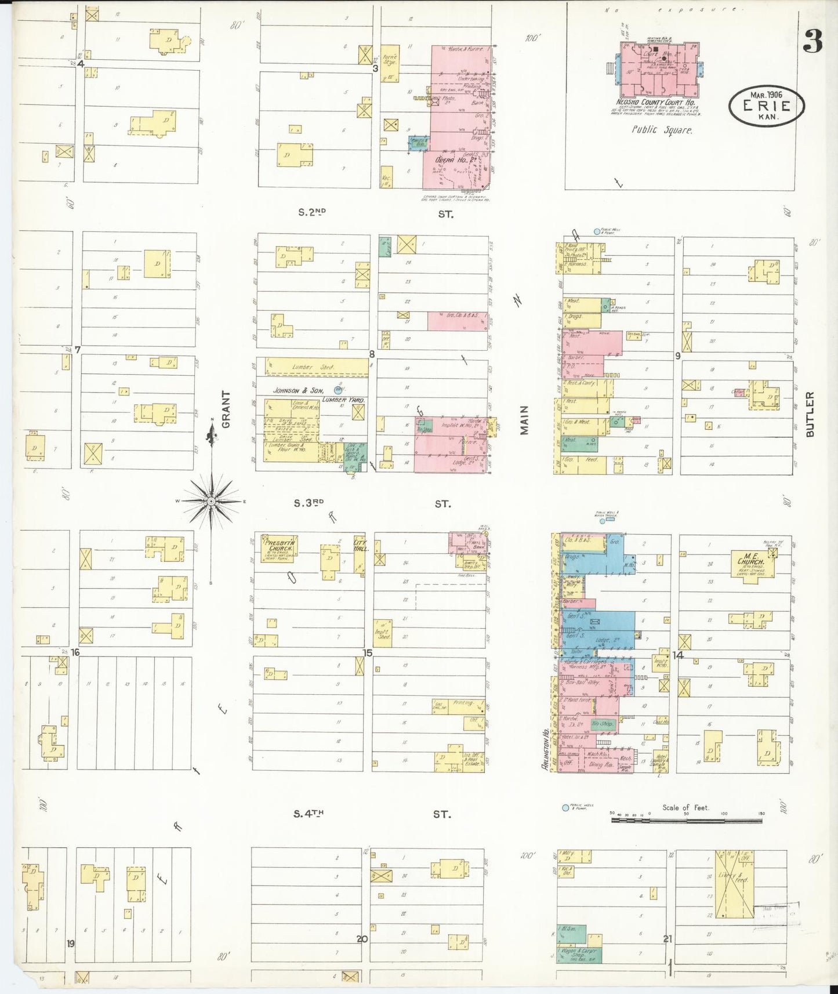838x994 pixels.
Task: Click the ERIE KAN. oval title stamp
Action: (767, 106)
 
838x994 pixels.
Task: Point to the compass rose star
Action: (212, 500)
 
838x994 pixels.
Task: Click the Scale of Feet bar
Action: (686, 821)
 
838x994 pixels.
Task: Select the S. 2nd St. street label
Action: (312, 213)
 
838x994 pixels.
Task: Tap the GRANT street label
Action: (226, 409)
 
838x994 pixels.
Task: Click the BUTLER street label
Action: (810, 413)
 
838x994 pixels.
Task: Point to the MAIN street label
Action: (524, 419)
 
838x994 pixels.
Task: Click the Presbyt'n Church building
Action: (280, 549)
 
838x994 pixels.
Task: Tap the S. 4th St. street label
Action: (308, 813)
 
